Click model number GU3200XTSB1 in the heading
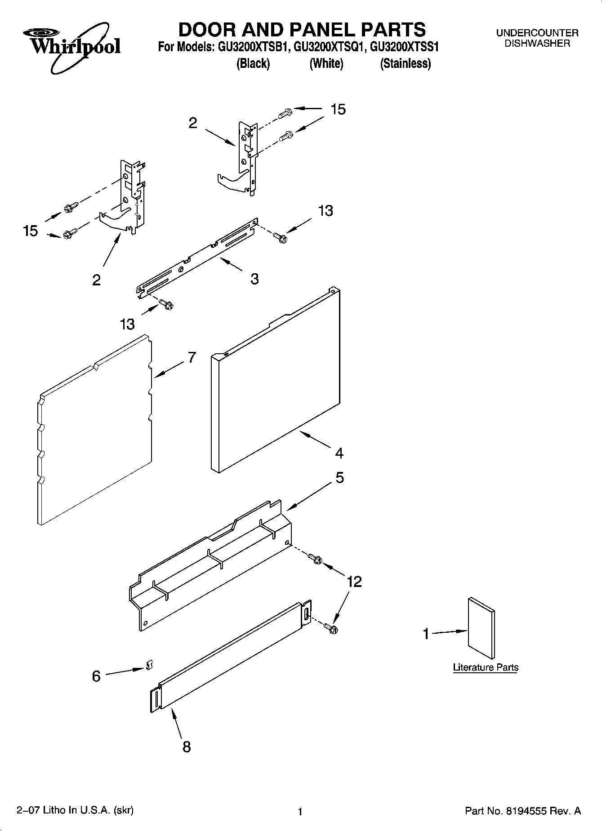(253, 47)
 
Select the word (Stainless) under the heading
(405, 64)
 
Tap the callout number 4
(339, 453)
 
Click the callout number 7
(192, 357)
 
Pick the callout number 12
(354, 582)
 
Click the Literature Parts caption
(486, 667)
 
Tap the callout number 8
(187, 747)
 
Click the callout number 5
(340, 478)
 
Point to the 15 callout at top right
(338, 109)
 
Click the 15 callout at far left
(31, 231)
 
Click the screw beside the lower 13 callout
(167, 304)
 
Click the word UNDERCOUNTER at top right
(537, 33)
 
